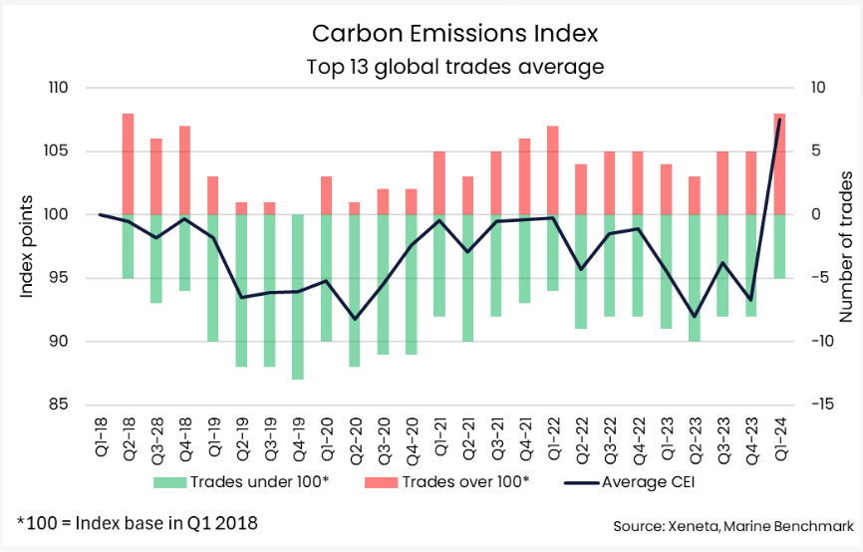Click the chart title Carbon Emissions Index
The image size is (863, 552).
coord(455,33)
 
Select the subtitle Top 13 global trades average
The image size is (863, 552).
coord(454,68)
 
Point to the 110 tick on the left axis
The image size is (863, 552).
coord(55,88)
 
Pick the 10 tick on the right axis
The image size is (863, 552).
coord(816,88)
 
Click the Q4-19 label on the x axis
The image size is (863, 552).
coord(297,438)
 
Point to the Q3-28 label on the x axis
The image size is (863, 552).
coord(155,438)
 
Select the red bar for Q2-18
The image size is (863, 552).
coord(128,164)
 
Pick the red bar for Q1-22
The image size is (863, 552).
coord(552,170)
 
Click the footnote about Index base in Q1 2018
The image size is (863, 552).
coord(138,523)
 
